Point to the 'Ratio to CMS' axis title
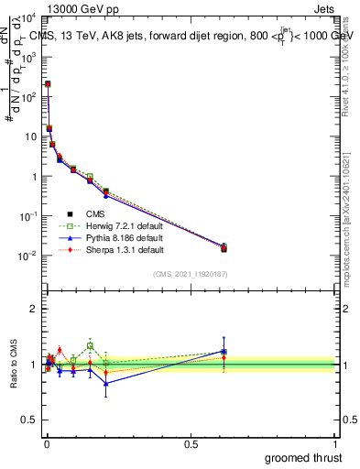12,365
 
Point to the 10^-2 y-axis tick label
27,256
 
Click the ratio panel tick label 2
34,309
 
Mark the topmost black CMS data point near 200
48,84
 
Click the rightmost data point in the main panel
224,247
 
